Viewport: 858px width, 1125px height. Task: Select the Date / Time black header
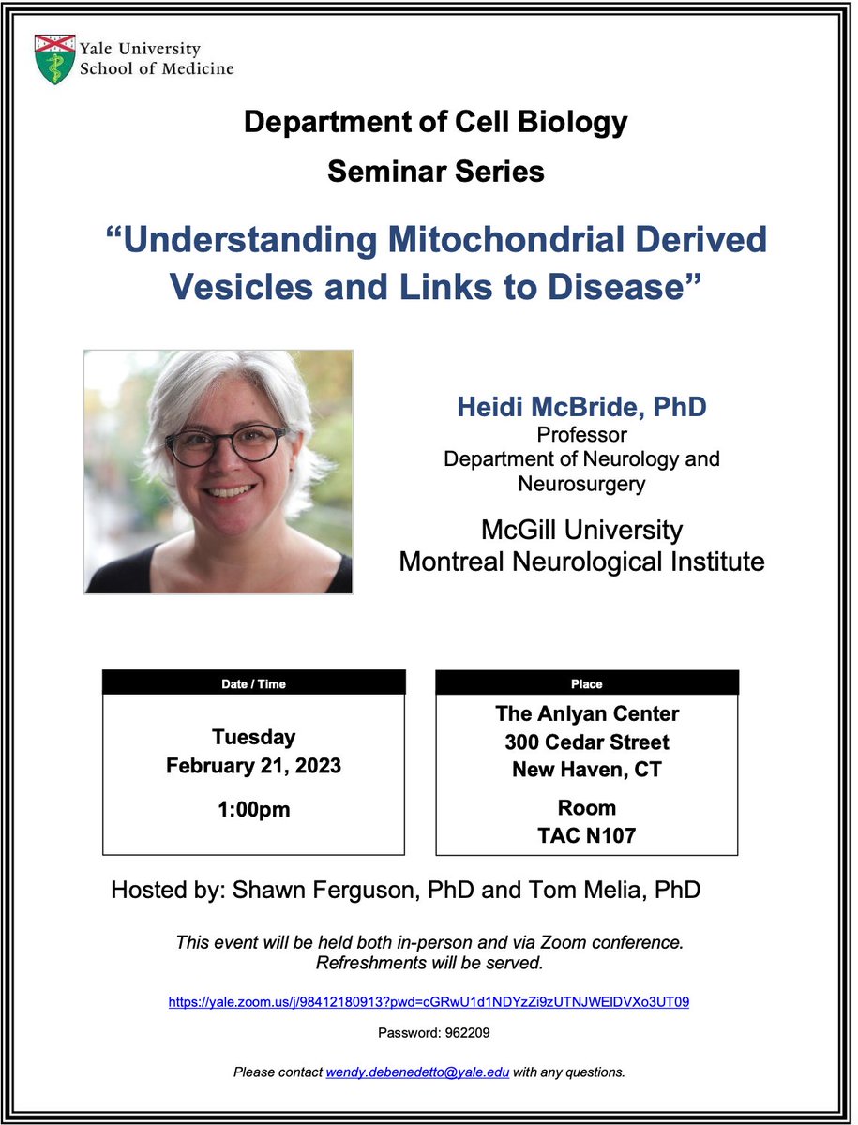pyautogui.click(x=253, y=683)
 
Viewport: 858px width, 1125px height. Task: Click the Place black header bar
pyautogui.click(x=587, y=683)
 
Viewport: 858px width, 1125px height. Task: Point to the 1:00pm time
pyautogui.click(x=253, y=809)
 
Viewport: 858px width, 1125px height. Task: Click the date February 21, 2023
pyautogui.click(x=253, y=765)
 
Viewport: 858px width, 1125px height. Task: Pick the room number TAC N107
pyautogui.click(x=587, y=834)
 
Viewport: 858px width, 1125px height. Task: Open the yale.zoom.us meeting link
pyautogui.click(x=429, y=1001)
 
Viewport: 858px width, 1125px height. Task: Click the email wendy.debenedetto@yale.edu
pyautogui.click(x=417, y=1071)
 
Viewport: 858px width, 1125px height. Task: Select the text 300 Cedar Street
pyautogui.click(x=587, y=742)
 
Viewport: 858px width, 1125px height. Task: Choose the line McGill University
pyautogui.click(x=581, y=531)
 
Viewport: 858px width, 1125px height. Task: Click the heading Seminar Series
pyautogui.click(x=436, y=172)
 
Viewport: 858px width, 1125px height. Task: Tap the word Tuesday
pyautogui.click(x=253, y=737)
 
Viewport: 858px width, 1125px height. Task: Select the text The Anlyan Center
pyautogui.click(x=587, y=713)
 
